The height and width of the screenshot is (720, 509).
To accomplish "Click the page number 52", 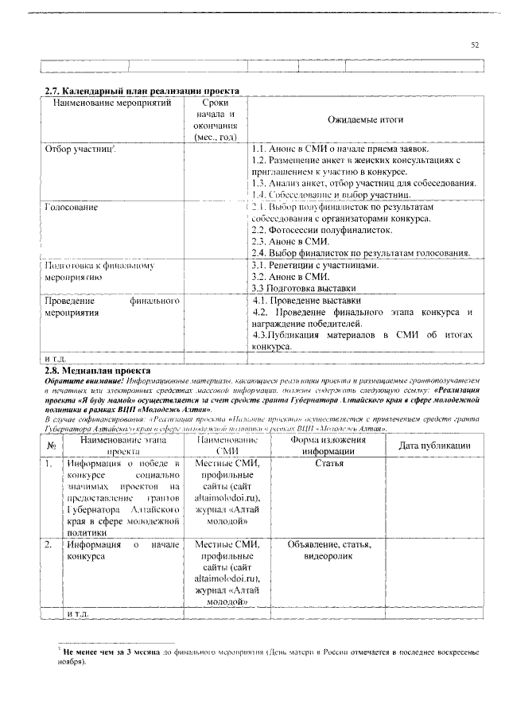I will (x=475, y=45).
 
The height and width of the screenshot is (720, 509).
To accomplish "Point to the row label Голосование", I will (x=71, y=208).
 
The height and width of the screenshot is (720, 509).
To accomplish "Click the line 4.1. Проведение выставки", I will (x=306, y=302).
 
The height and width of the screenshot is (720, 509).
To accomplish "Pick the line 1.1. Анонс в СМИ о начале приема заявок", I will (x=340, y=149).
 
